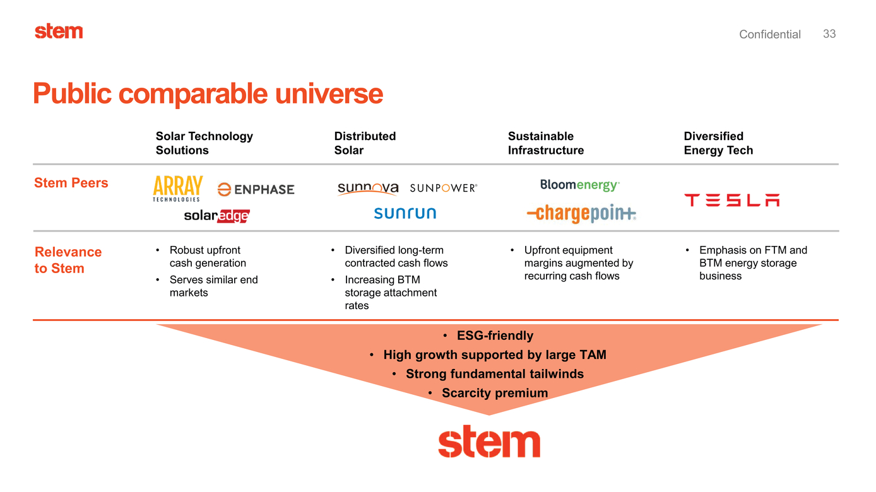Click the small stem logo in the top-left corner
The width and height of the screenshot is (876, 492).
pyautogui.click(x=59, y=31)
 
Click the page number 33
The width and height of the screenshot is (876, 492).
pyautogui.click(x=829, y=34)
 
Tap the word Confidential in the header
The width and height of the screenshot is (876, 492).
pyautogui.click(x=769, y=35)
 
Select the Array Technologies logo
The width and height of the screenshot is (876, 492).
pyautogui.click(x=177, y=189)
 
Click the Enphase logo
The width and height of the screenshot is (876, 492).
pyautogui.click(x=256, y=189)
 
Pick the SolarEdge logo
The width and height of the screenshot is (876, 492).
pyautogui.click(x=216, y=216)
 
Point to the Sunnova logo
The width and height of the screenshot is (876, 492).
pyautogui.click(x=368, y=188)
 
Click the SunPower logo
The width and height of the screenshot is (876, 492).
pyautogui.click(x=443, y=188)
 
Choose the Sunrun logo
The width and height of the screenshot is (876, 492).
pyautogui.click(x=405, y=213)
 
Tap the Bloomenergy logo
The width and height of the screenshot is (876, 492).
pyautogui.click(x=579, y=185)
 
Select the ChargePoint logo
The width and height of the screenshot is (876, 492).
pyautogui.click(x=581, y=214)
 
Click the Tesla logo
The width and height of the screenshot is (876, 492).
pyautogui.click(x=731, y=200)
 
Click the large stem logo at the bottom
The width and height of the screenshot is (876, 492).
pyautogui.click(x=489, y=443)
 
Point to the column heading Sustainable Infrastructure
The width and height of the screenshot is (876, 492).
pyautogui.click(x=545, y=143)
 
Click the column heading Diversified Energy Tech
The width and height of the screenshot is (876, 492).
pyautogui.click(x=718, y=143)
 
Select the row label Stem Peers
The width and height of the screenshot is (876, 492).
pyautogui.click(x=71, y=183)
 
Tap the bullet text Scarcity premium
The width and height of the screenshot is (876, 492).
pyautogui.click(x=494, y=393)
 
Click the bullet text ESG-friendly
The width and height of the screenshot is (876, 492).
pyautogui.click(x=495, y=336)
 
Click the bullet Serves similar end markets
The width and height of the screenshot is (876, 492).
pyautogui.click(x=213, y=286)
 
